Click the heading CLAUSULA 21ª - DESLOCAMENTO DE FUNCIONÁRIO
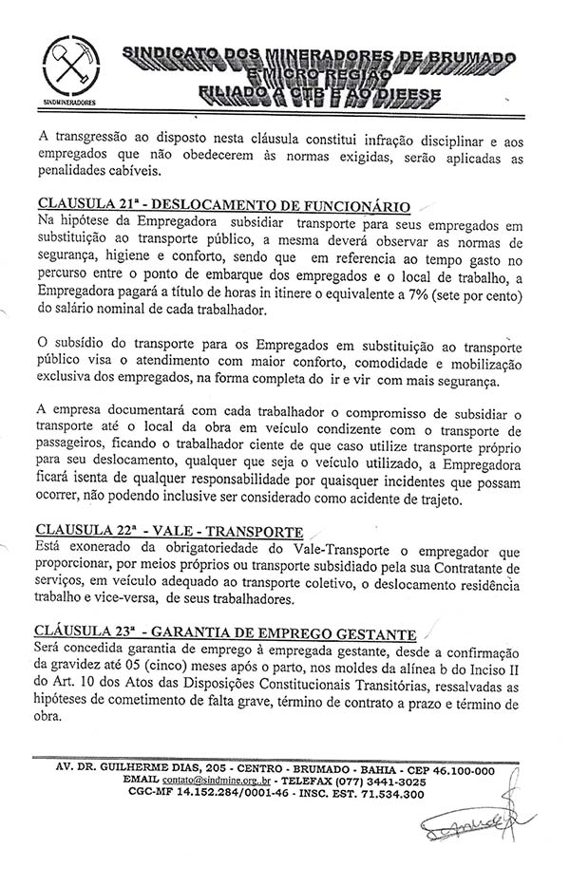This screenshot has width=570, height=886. [x=223, y=205]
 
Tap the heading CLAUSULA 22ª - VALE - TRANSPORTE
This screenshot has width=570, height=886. [x=170, y=531]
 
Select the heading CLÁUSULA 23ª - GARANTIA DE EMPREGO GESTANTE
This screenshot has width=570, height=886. [x=226, y=632]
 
